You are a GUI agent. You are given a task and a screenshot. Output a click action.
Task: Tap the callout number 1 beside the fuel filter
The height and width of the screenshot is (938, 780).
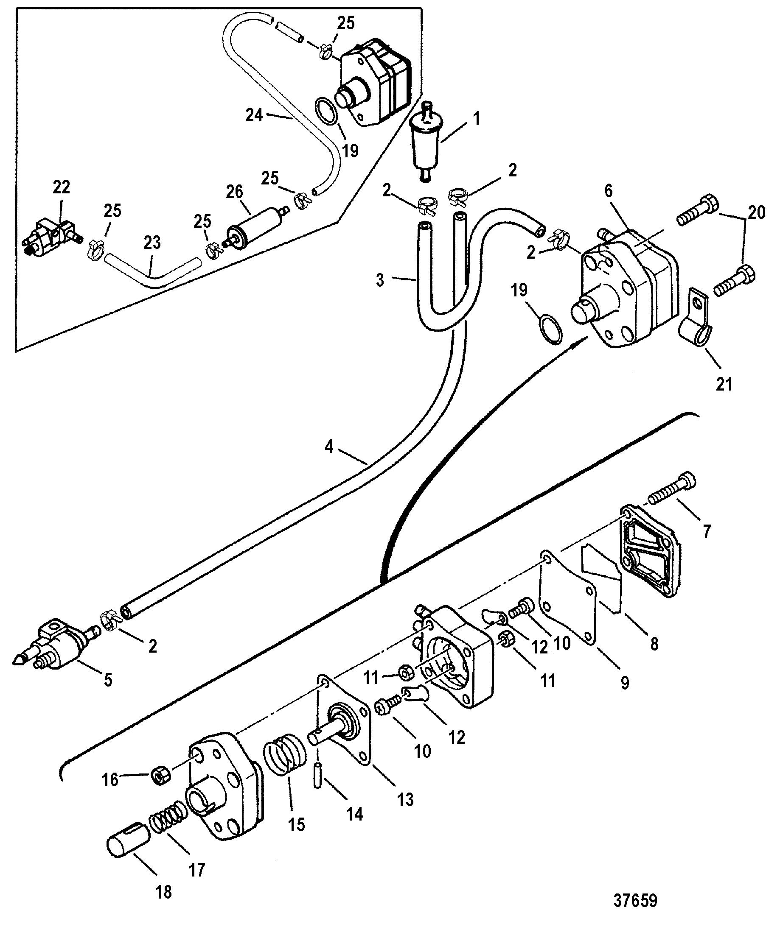[477, 119]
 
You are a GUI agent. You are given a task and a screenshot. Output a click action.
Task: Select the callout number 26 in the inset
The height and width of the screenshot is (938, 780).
[234, 192]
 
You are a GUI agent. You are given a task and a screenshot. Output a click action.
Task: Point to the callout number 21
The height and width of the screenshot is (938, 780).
[724, 384]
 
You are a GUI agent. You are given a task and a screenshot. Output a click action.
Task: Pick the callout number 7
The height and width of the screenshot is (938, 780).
[706, 531]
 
